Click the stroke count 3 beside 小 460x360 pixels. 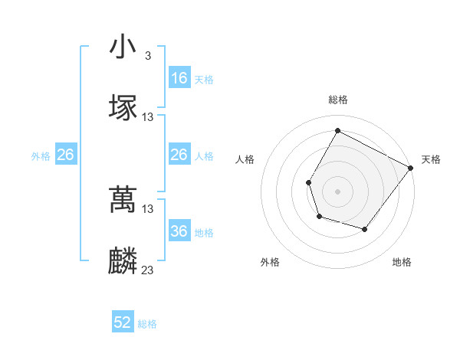point(147,56)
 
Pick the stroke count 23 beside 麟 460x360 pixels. point(148,270)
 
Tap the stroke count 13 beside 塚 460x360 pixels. point(148,117)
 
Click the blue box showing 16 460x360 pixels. point(179,78)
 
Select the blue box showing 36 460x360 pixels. point(179,231)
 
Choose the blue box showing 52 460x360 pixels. point(123,322)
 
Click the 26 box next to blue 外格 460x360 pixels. point(65,155)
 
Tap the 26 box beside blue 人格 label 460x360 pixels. point(179,155)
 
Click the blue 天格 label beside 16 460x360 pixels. point(204,79)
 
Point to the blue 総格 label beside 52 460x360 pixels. point(147,324)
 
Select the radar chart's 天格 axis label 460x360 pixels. point(431,159)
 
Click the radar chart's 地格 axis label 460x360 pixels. point(402,262)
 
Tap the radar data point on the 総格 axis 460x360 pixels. point(337,130)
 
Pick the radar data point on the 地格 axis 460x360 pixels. point(365,229)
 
